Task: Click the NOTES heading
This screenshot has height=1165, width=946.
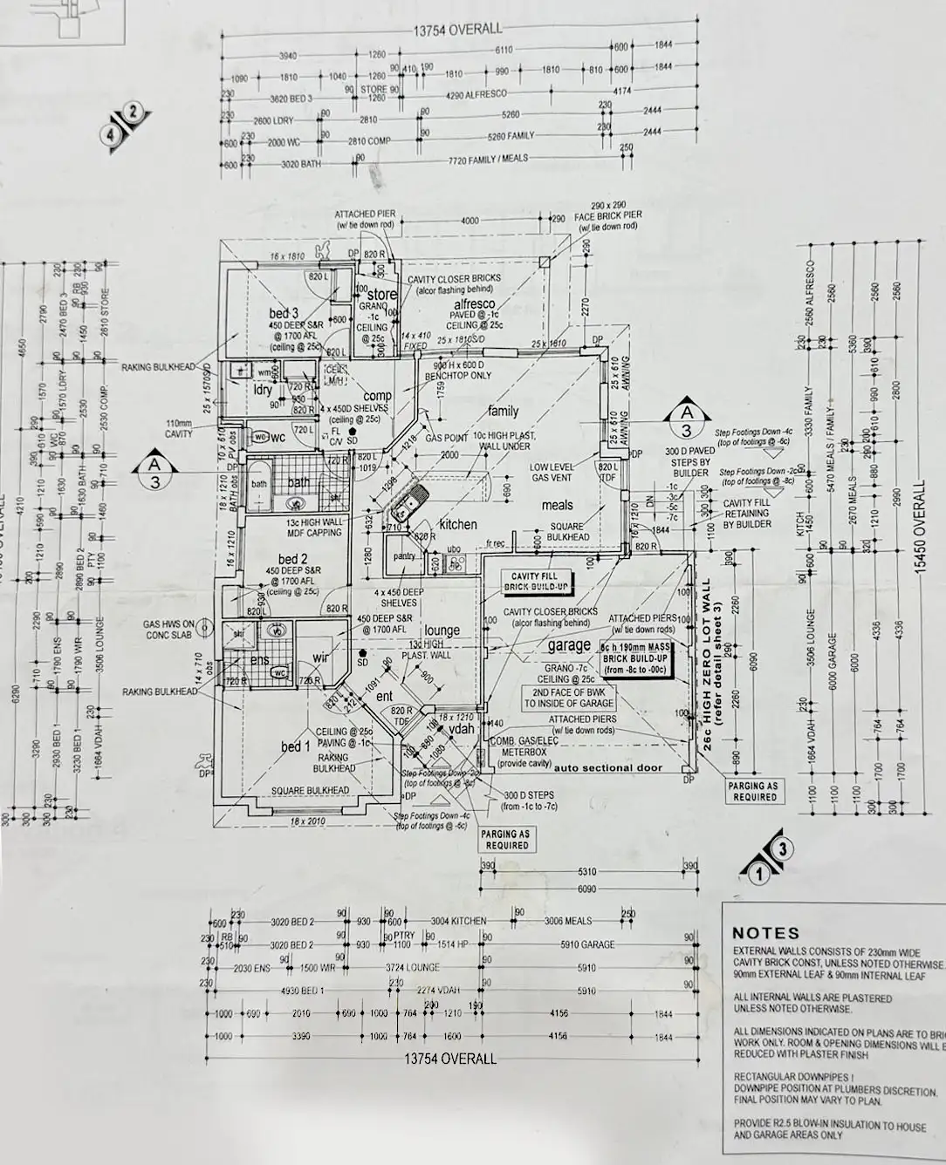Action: click(x=765, y=933)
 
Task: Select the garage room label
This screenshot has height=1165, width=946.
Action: click(x=570, y=646)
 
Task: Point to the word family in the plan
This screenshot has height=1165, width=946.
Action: click(x=504, y=411)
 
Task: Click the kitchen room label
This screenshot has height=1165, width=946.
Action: click(x=458, y=524)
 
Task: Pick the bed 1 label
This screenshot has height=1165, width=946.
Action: click(x=295, y=746)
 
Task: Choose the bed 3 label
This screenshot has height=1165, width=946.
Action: click(x=284, y=313)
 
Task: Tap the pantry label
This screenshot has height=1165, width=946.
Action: click(x=404, y=555)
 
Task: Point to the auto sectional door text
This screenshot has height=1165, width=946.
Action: click(x=608, y=768)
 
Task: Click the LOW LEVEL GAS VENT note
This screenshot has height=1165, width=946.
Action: click(x=552, y=473)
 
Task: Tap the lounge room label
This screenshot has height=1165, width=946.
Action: click(x=442, y=630)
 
